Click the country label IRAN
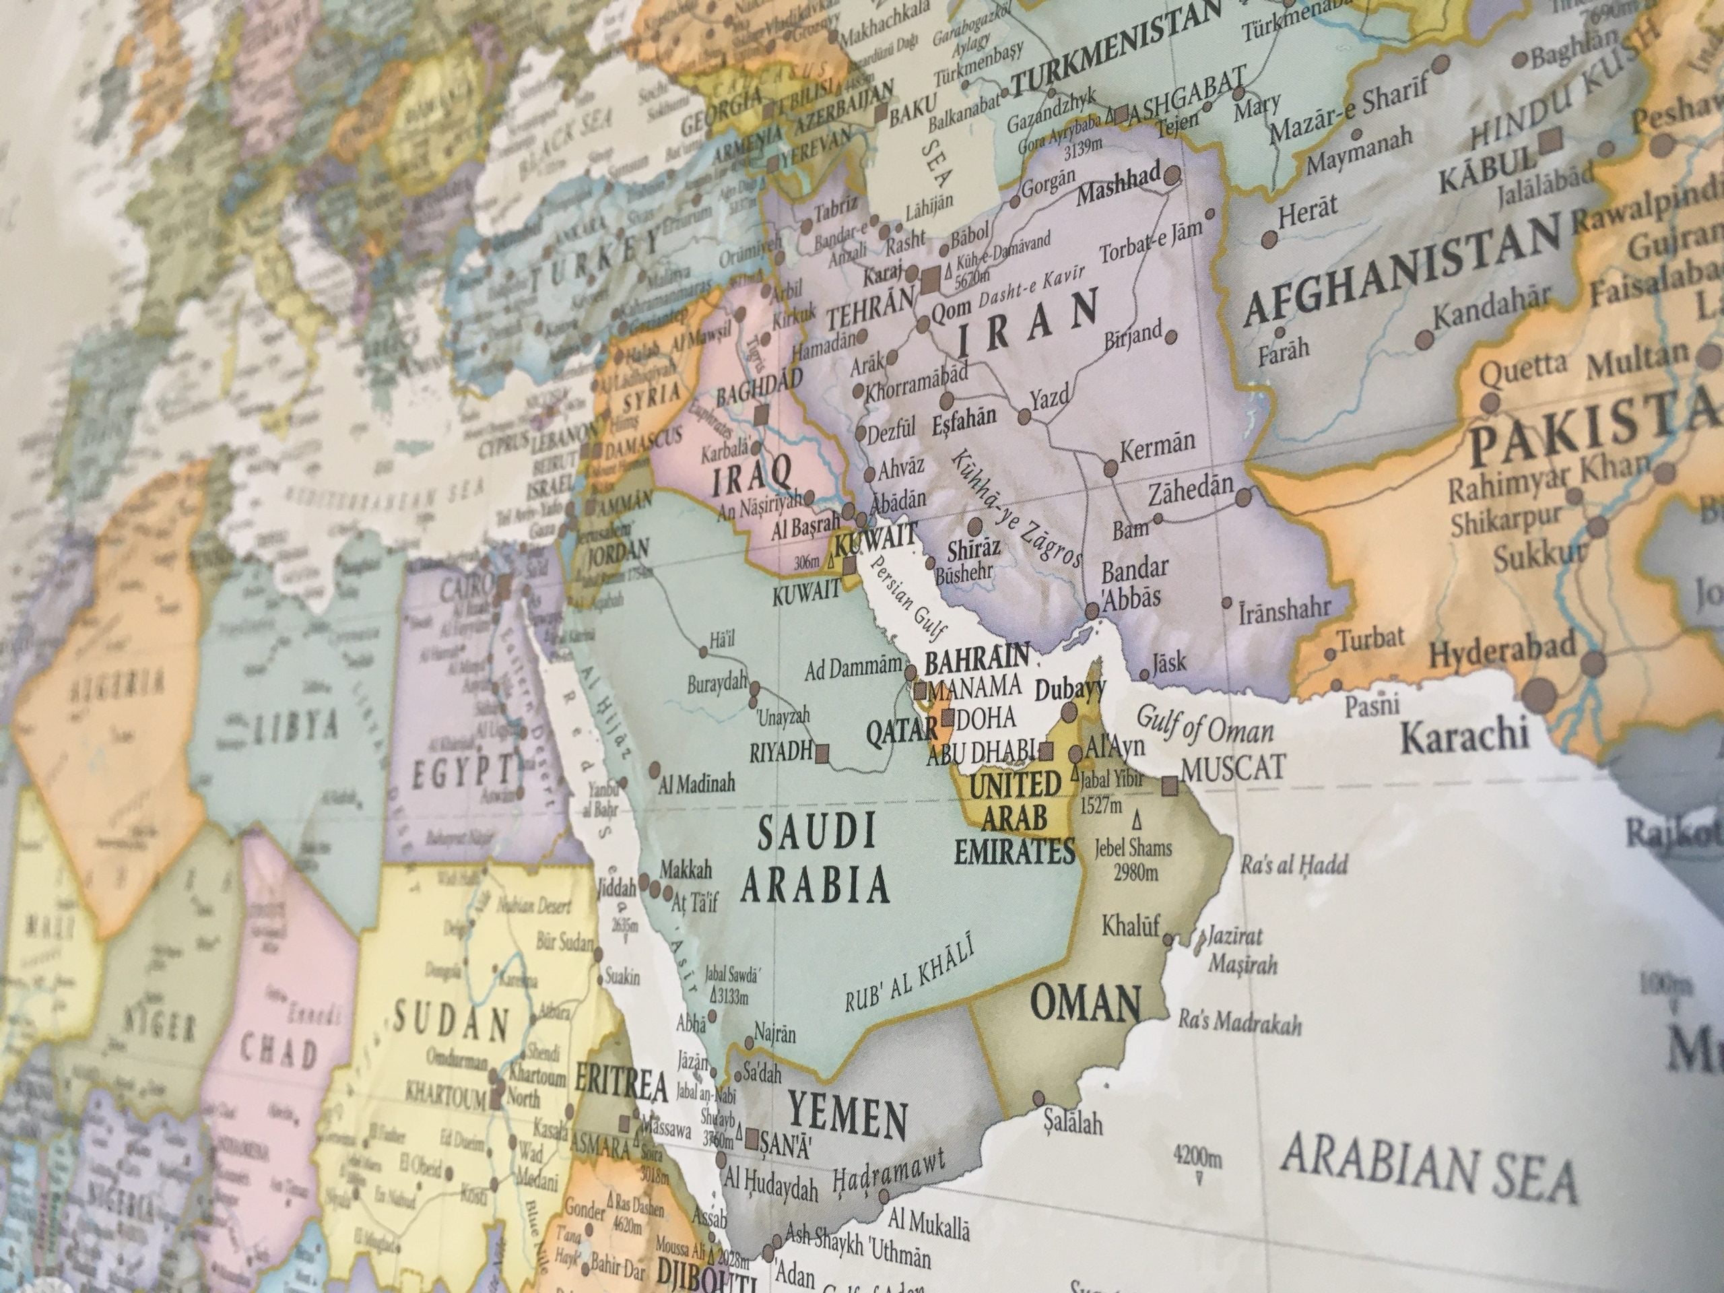point(1028,323)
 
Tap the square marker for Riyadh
point(822,752)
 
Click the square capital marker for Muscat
point(1169,786)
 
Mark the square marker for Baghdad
point(761,416)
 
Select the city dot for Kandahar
point(1424,339)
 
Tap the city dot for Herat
point(1269,238)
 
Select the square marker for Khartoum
point(496,1100)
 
